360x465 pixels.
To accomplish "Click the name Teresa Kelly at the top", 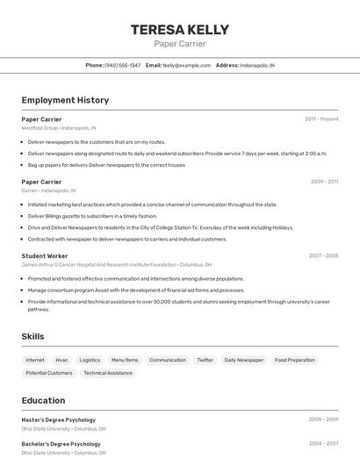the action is (179, 30).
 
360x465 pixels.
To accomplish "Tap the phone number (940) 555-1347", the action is (122, 65).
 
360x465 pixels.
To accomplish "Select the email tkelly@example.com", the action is (182, 65).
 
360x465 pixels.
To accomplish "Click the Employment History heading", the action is (65, 100).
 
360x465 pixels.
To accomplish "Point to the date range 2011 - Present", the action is (321, 119).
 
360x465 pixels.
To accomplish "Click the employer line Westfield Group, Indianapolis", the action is (61, 128).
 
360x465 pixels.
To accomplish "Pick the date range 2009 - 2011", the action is (324, 182).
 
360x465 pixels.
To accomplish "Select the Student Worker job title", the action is (45, 255).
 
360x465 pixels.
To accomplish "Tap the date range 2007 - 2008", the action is (323, 255).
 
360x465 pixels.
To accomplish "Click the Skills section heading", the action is (32, 336).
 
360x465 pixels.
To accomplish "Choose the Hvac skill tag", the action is (61, 360).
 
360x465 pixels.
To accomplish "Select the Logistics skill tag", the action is (90, 360).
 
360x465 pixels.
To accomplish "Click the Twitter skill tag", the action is (205, 360).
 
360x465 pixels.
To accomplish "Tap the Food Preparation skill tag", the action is (294, 360).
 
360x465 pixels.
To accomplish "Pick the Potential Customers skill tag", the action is (49, 373).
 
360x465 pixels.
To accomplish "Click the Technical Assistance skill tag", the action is (108, 373).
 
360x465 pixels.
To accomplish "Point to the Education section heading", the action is (43, 400).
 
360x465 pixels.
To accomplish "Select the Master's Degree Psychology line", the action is (59, 419).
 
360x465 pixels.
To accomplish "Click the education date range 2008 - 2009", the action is (323, 419).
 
